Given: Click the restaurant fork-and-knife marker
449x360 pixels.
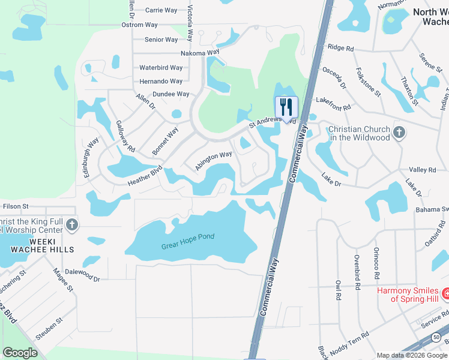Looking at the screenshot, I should [286, 107].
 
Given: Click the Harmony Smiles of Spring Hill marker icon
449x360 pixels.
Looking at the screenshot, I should [445, 293].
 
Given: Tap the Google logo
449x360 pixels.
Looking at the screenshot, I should [20, 353].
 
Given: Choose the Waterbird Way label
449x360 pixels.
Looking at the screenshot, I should [161, 68].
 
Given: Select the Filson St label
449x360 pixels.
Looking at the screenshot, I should [16, 206].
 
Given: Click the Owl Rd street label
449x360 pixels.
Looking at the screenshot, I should [339, 290].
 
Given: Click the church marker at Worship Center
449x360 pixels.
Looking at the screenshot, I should [71, 225].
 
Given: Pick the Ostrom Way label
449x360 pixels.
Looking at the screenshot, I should [139, 25].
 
